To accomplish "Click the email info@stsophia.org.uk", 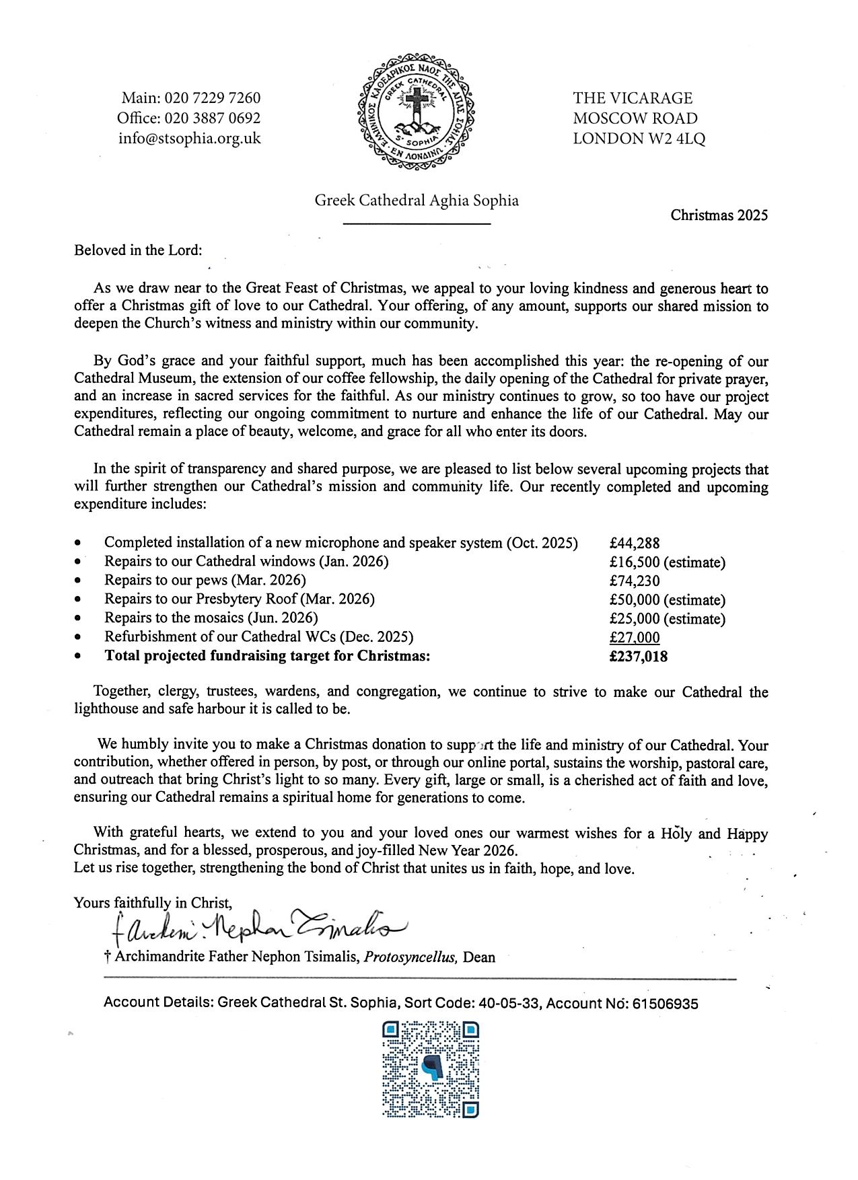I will (189, 139).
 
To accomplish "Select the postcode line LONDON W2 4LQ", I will (639, 139).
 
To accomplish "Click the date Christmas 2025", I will (719, 215).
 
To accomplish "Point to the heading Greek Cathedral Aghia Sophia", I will (417, 200).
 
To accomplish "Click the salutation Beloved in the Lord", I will (138, 250).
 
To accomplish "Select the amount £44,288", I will (635, 543).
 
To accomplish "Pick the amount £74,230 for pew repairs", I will (635, 581).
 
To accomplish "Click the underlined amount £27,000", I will (635, 637).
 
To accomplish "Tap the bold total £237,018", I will (639, 657).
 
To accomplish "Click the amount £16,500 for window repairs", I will (636, 562).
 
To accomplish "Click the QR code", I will (430, 1074).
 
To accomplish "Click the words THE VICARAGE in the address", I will (633, 98).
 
